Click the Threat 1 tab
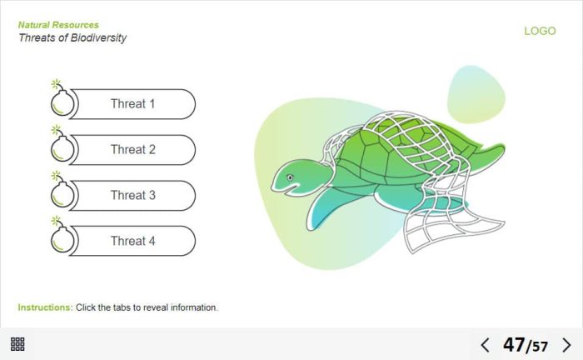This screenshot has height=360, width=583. pyautogui.click(x=132, y=104)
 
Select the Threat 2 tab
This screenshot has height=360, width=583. pyautogui.click(x=132, y=150)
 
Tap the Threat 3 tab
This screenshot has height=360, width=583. pyautogui.click(x=132, y=196)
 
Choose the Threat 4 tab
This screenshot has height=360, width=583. pyautogui.click(x=132, y=241)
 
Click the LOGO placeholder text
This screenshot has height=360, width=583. pyautogui.click(x=540, y=31)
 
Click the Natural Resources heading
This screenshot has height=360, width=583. pyautogui.click(x=58, y=25)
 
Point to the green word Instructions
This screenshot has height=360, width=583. pyautogui.click(x=45, y=307)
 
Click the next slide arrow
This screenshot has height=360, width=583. pyautogui.click(x=566, y=345)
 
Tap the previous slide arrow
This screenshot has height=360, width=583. pyautogui.click(x=486, y=345)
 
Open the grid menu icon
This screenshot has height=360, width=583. pyautogui.click(x=17, y=344)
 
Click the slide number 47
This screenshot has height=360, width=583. pyautogui.click(x=514, y=345)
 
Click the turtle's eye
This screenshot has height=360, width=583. pyautogui.click(x=290, y=177)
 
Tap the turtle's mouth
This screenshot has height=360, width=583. pyautogui.click(x=286, y=190)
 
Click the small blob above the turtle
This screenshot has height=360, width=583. pyautogui.click(x=476, y=94)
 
